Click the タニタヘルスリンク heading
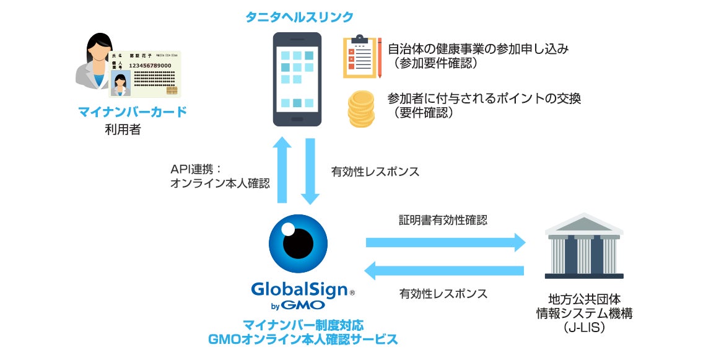[299, 16]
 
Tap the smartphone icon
[298, 79]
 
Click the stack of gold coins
[361, 109]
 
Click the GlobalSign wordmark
[299, 289]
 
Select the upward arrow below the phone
[282, 170]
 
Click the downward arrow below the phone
[310, 170]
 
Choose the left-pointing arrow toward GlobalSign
[444, 271]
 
